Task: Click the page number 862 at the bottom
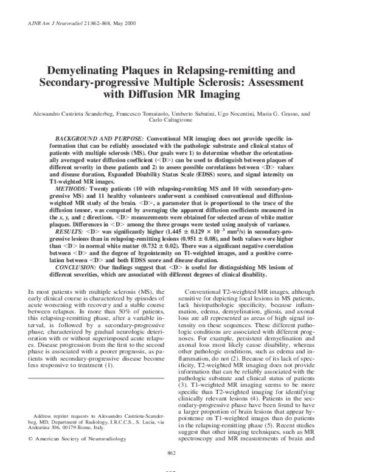(x=183, y=451)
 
